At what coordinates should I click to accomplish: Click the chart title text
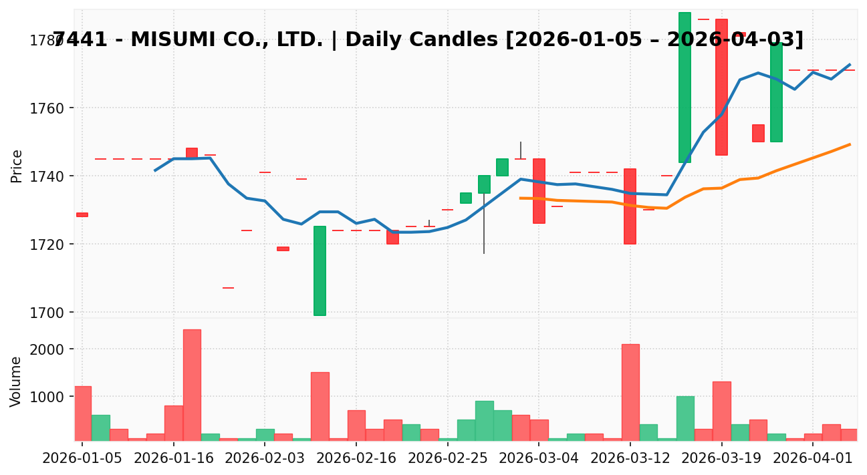click(x=428, y=40)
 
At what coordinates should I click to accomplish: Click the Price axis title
click(x=17, y=166)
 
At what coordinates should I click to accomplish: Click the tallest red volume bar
click(x=192, y=385)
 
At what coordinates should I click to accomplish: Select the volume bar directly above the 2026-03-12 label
click(x=630, y=392)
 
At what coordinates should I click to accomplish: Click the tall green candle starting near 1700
click(x=320, y=271)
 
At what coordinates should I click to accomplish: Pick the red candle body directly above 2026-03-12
click(x=630, y=206)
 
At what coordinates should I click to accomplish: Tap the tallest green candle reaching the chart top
click(x=685, y=87)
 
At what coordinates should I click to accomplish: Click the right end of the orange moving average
click(x=850, y=144)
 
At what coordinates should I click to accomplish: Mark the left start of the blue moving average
click(x=155, y=170)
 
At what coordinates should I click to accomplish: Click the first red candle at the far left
click(x=82, y=214)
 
